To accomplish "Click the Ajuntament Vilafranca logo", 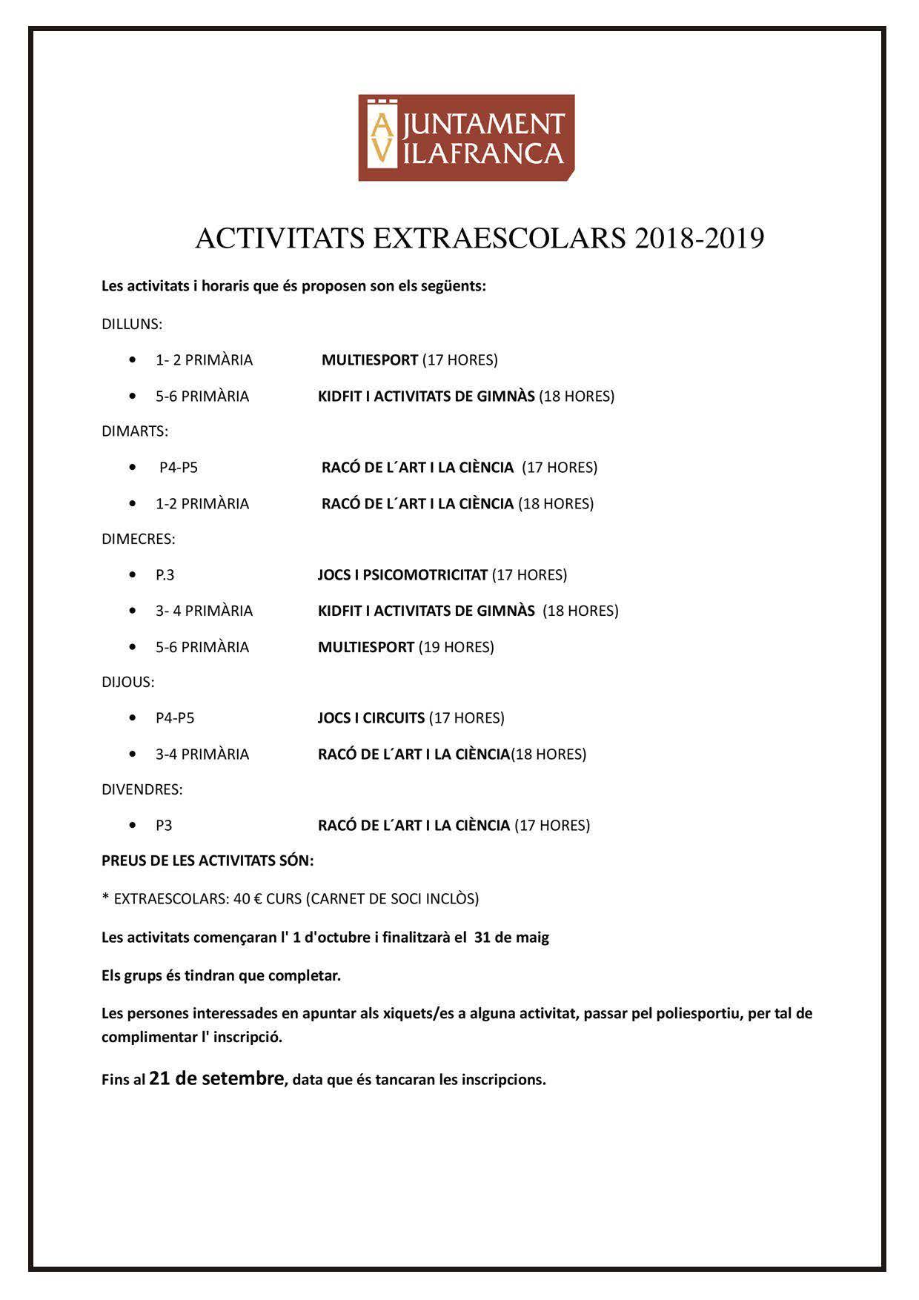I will coord(466,138).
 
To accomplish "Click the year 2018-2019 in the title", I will coord(699,239).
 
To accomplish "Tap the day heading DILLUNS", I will coord(132,324).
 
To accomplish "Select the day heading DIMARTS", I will coord(135,431).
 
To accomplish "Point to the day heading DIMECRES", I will coord(139,539).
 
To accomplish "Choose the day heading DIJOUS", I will coord(128,682).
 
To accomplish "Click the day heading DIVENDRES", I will coord(142,789).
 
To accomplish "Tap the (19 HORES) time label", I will coord(457,647).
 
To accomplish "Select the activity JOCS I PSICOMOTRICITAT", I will coord(402,575).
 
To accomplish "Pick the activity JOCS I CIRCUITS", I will coord(371,718).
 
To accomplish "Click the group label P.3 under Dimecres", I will coord(165,575).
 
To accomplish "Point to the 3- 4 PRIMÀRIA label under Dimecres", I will coord(204,611).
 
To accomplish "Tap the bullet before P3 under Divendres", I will coord(133,825).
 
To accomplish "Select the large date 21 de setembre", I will coord(216,1078).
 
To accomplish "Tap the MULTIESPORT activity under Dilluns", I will coord(370,360).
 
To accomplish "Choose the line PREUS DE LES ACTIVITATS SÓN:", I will coord(208,860).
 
